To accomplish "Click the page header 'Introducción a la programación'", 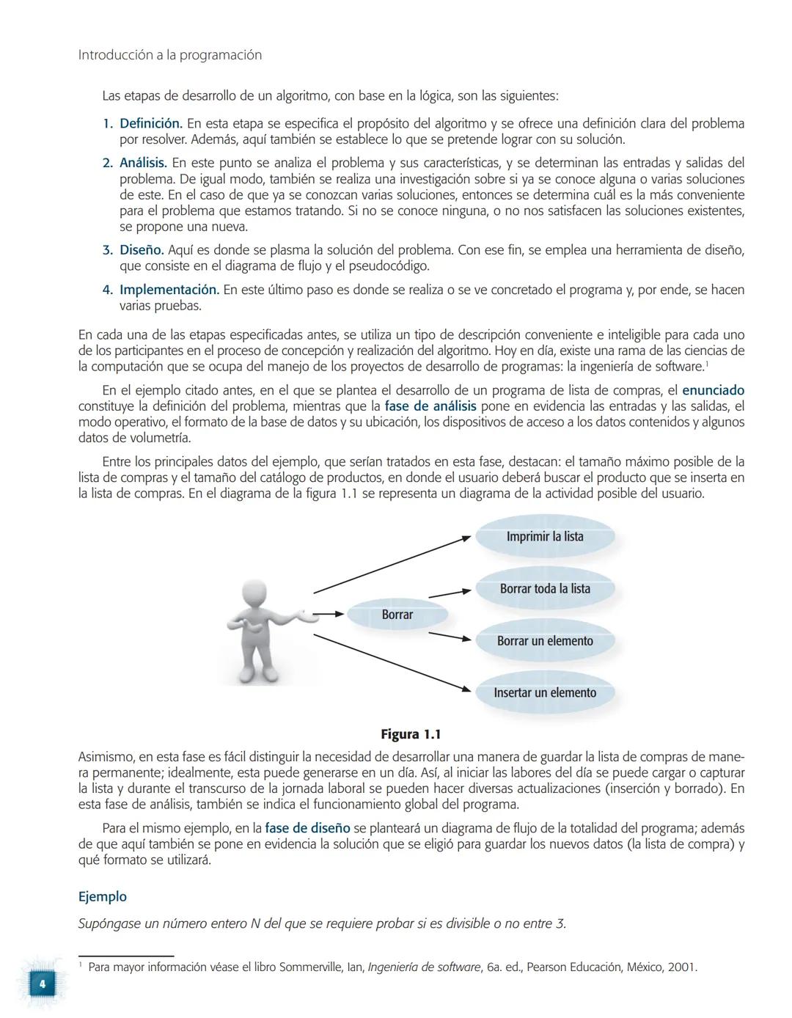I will point(169,55).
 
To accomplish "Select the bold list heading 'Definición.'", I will point(150,123).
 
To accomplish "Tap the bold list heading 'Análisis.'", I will point(143,163).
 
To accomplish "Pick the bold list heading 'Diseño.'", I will point(141,250).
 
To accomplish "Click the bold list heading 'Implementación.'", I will point(169,290).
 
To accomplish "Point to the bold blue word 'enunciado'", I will point(713,390).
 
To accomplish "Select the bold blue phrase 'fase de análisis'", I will point(430,406).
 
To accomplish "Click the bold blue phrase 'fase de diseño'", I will point(307,828).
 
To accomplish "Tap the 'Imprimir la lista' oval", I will point(545,537).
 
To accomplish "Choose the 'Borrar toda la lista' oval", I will point(545,589).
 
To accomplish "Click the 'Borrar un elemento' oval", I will point(545,641).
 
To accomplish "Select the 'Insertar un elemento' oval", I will point(545,693).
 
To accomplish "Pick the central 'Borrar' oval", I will point(397,615).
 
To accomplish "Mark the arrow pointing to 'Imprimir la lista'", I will point(392,564).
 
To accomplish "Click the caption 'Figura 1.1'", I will point(411,734).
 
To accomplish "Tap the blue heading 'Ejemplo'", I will point(103,896).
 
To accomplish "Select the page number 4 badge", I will point(42,984).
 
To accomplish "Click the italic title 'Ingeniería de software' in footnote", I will point(424,967).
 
